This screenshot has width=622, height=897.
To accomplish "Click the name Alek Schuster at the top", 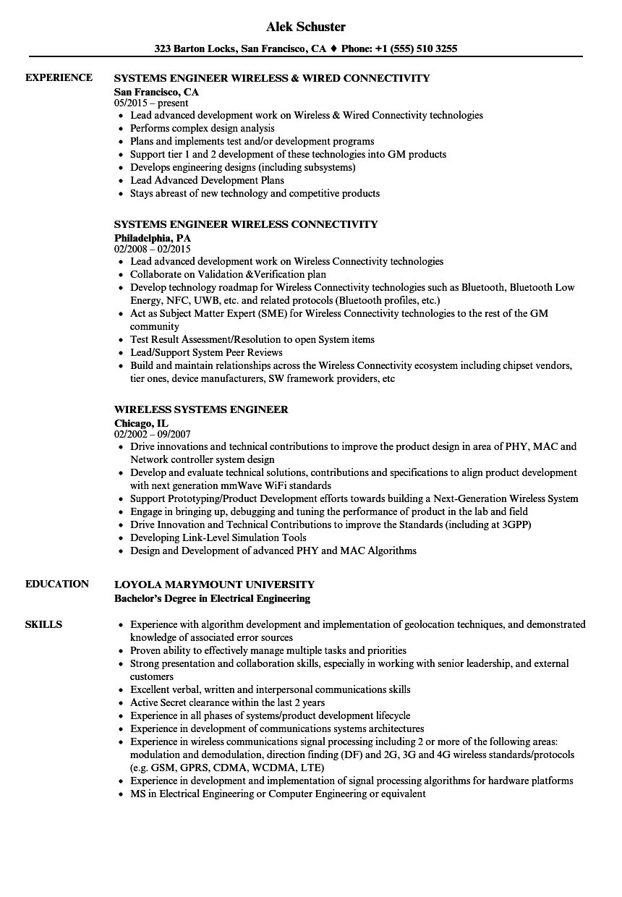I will [x=306, y=27].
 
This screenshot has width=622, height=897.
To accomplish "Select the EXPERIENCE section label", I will [x=59, y=77].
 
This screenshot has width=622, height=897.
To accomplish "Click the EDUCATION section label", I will [x=57, y=584].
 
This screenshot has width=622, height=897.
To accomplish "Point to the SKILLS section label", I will [x=43, y=624].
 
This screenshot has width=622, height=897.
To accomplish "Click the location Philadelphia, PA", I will [x=152, y=237].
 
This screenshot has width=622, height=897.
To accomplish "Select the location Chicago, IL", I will [x=141, y=422].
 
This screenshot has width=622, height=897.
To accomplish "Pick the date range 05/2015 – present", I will [x=151, y=103].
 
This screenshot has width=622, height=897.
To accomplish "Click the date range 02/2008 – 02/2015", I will [x=153, y=249].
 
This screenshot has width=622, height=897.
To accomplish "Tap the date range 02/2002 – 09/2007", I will [x=153, y=434].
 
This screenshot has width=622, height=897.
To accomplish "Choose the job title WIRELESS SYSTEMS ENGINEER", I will [x=201, y=409].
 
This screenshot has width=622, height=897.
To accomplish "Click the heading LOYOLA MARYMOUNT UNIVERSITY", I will [x=214, y=584].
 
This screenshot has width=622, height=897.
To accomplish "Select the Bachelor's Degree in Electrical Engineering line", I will [x=212, y=598].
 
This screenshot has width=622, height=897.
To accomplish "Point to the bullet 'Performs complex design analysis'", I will [x=202, y=128].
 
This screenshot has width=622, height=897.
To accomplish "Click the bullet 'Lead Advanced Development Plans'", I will [x=207, y=180].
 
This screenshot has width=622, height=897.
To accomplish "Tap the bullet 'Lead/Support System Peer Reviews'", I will [x=206, y=352].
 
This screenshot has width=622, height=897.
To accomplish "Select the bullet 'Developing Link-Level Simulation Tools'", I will [x=218, y=537].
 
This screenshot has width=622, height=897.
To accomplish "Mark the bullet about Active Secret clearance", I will [x=227, y=702].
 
